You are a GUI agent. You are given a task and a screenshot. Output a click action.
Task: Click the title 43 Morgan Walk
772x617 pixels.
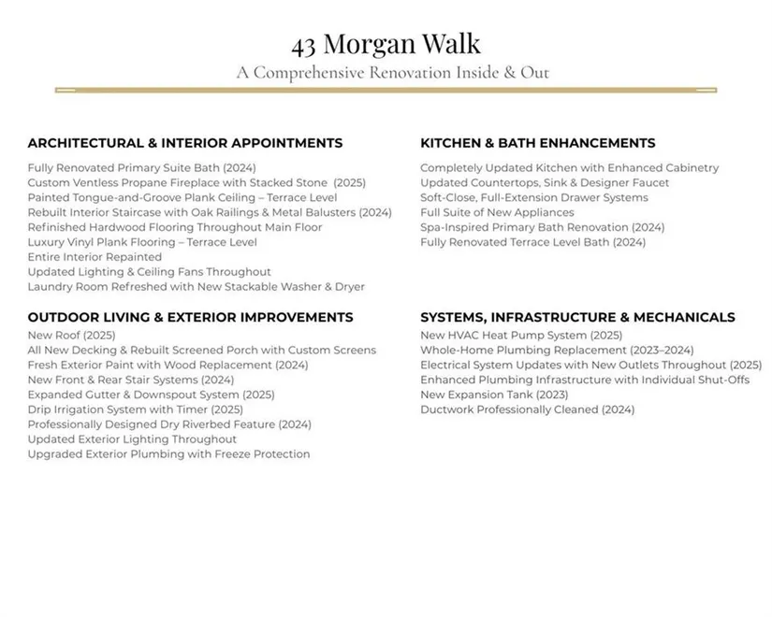pyautogui.click(x=386, y=44)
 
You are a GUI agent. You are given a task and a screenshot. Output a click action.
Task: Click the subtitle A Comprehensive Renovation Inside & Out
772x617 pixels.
pyautogui.click(x=392, y=72)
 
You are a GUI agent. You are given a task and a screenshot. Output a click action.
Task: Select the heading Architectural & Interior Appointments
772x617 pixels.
pyautogui.click(x=184, y=143)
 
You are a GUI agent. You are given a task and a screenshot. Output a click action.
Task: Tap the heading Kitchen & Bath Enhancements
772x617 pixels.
pyautogui.click(x=537, y=143)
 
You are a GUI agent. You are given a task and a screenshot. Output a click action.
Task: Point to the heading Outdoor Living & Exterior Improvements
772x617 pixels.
pyautogui.click(x=190, y=318)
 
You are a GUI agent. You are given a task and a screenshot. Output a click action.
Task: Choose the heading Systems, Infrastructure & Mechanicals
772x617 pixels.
pyautogui.click(x=577, y=318)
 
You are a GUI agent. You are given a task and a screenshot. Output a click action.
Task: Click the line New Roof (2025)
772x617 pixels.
pyautogui.click(x=71, y=335)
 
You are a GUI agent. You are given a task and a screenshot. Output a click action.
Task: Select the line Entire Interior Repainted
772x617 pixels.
pyautogui.click(x=95, y=257)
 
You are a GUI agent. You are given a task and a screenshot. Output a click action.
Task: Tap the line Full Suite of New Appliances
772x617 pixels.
pyautogui.click(x=497, y=212)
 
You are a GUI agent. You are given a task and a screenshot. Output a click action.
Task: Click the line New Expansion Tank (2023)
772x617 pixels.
pyautogui.click(x=493, y=395)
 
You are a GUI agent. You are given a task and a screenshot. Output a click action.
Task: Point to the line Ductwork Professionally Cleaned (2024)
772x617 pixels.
pyautogui.click(x=527, y=409)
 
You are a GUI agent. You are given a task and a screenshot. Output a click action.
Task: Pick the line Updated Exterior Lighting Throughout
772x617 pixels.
pyautogui.click(x=132, y=439)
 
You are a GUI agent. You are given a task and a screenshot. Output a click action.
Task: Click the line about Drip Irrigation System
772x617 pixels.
pyautogui.click(x=135, y=409)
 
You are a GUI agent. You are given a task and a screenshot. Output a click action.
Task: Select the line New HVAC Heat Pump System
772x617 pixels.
pyautogui.click(x=520, y=335)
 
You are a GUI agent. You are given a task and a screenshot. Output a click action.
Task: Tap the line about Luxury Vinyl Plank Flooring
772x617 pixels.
pyautogui.click(x=141, y=242)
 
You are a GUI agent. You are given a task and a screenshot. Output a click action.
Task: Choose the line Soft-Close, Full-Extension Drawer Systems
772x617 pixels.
pyautogui.click(x=533, y=197)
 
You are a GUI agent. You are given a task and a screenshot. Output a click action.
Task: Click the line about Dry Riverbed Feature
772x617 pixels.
pyautogui.click(x=168, y=424)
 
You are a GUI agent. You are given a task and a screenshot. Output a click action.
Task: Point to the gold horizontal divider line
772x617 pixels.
pyautogui.click(x=386, y=91)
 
